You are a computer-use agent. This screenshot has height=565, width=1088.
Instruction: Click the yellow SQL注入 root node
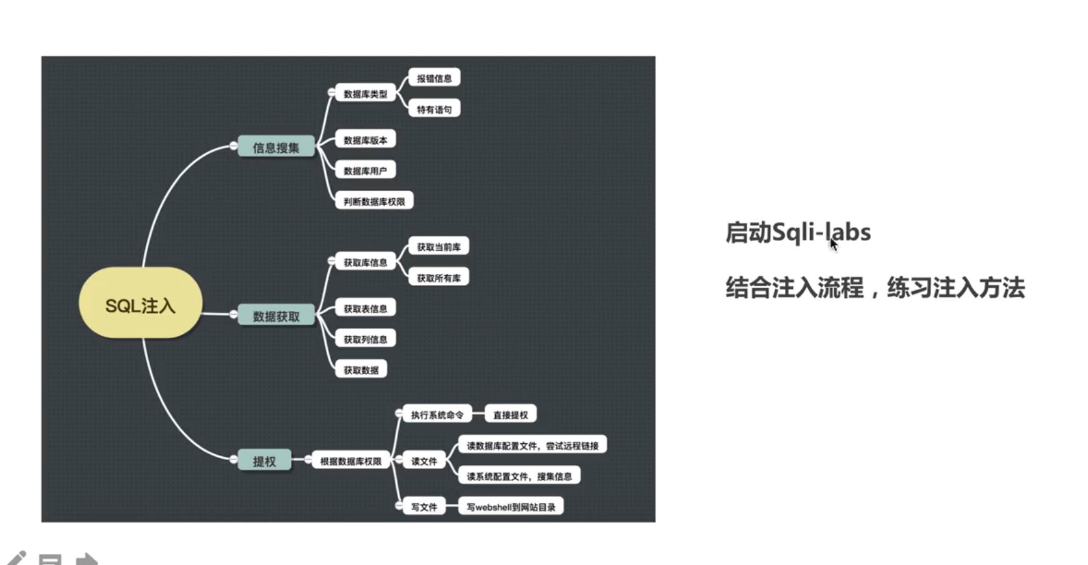140,304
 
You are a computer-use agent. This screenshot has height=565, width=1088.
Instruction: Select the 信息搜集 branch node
275,147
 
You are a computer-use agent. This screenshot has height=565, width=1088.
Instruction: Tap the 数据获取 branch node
275,316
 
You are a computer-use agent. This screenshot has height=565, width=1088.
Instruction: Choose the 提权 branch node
264,461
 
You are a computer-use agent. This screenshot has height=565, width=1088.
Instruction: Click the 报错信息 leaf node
434,79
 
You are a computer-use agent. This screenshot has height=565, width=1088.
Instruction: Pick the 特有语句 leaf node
434,109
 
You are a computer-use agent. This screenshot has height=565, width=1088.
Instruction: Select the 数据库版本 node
365,140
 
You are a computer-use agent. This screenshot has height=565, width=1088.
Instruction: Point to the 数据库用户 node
365,171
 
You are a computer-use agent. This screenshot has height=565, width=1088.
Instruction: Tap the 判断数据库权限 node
374,202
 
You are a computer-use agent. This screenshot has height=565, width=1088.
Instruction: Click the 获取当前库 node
438,247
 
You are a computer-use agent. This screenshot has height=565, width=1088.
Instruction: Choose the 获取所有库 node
438,278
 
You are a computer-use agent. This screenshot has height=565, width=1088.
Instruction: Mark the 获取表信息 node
365,308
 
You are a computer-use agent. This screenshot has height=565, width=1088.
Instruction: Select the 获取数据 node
361,370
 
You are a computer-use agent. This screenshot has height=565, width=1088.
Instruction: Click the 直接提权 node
510,415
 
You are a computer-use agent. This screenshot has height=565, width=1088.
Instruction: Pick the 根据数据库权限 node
350,461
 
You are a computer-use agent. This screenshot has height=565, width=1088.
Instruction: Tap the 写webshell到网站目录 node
511,507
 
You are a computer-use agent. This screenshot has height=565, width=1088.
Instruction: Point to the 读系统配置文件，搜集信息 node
519,476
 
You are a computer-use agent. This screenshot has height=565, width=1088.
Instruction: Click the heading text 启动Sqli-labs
797,232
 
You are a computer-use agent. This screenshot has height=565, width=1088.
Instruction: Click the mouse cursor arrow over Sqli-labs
834,245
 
